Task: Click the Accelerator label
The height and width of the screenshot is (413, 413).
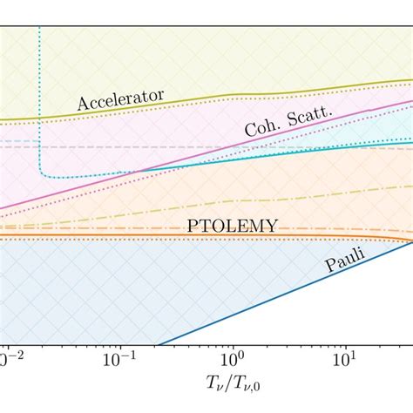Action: click(x=120, y=97)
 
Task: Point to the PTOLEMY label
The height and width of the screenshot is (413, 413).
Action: click(x=233, y=225)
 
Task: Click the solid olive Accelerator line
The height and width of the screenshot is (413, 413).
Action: click(x=261, y=96)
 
